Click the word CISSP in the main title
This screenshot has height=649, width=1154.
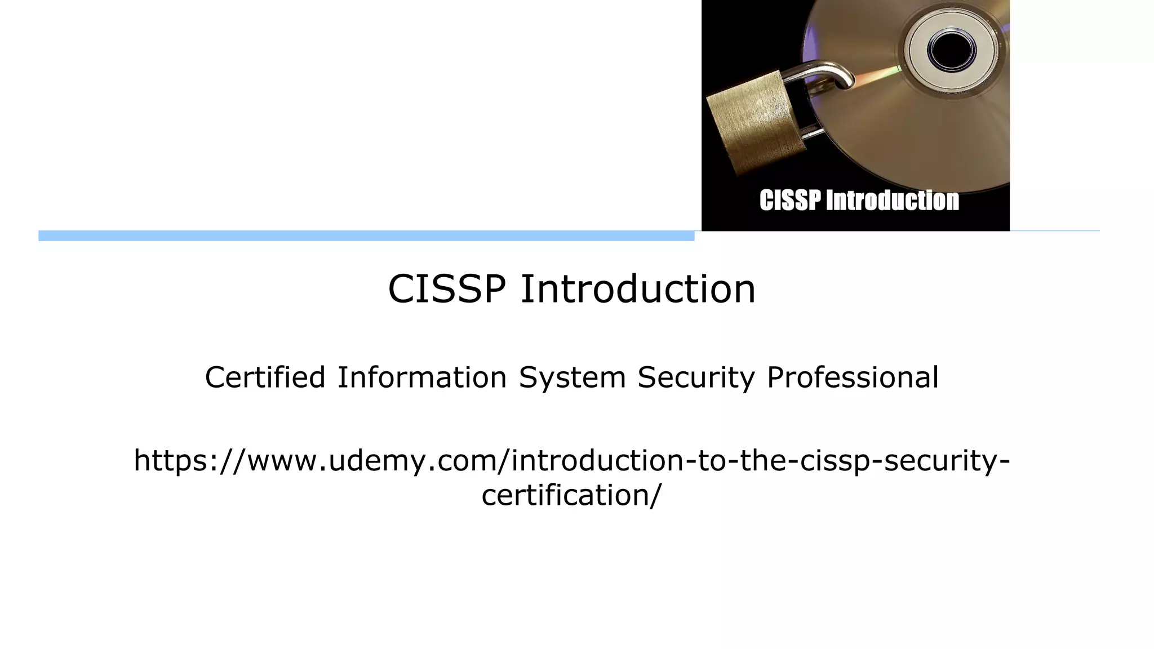pyautogui.click(x=446, y=290)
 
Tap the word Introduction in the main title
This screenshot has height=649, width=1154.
pyautogui.click(x=637, y=290)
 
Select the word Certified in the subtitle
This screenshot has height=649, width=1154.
pyautogui.click(x=265, y=377)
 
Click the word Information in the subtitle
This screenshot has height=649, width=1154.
pyautogui.click(x=422, y=377)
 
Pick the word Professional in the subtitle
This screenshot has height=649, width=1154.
pyautogui.click(x=853, y=377)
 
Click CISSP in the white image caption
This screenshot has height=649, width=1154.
pyautogui.click(x=790, y=201)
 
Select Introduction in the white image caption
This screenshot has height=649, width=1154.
pyautogui.click(x=892, y=201)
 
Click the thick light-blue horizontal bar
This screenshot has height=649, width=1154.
pyautogui.click(x=366, y=236)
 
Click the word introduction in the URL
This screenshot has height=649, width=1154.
pyautogui.click(x=597, y=461)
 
